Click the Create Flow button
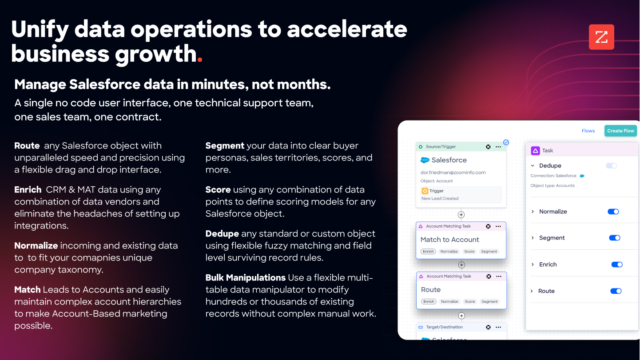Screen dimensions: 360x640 (620, 130)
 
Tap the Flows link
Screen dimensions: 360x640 (588, 130)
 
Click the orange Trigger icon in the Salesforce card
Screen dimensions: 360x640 (425, 190)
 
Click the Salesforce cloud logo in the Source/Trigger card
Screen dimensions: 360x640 (425, 160)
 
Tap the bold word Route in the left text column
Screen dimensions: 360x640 (27, 147)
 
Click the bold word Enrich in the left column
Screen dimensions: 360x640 (29, 186)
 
